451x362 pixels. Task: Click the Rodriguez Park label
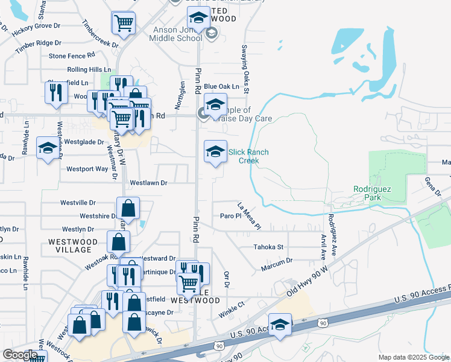372,193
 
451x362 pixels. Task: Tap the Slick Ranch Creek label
244,156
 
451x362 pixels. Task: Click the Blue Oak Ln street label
221,87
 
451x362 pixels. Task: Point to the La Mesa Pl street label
248,215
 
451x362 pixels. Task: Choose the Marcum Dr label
277,261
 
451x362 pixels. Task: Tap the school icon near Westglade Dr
47,148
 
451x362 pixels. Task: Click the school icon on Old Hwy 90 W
280,325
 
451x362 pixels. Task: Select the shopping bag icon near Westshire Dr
128,209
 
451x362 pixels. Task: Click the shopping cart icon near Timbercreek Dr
124,24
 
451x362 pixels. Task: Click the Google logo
19,355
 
